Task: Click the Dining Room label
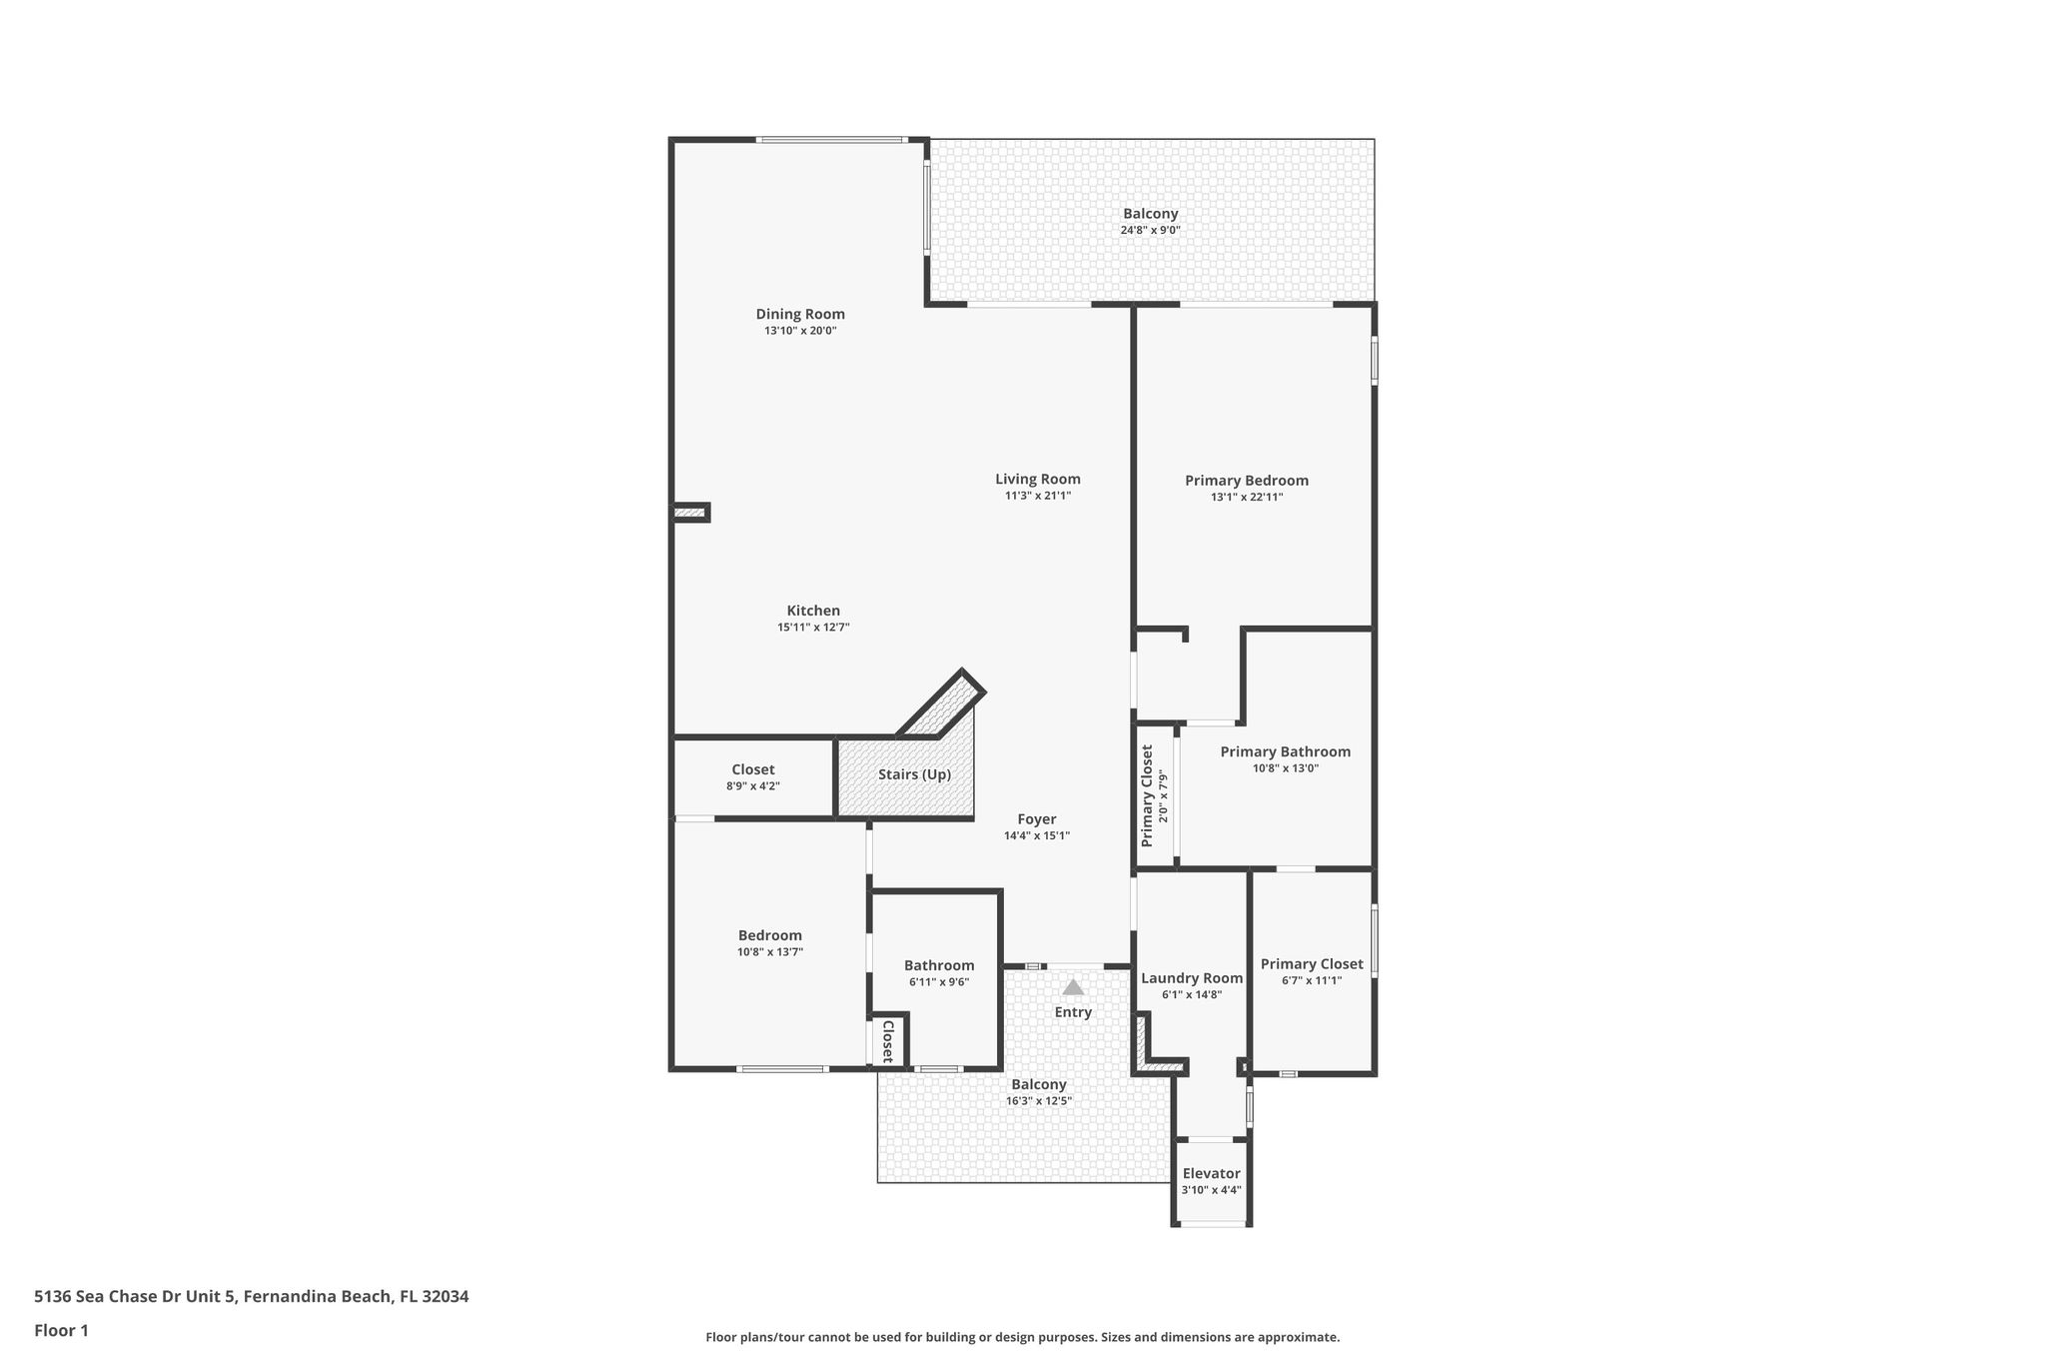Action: pos(800,314)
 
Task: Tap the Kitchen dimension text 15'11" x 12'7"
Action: pos(813,628)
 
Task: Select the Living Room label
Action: pos(1038,479)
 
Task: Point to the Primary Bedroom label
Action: pos(1247,481)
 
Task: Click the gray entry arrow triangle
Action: pos(1073,987)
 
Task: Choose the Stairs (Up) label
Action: pos(914,774)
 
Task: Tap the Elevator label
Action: pos(1212,1173)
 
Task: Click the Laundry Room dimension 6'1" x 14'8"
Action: pos(1192,994)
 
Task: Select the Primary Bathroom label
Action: pos(1286,751)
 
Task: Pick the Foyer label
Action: pos(1037,819)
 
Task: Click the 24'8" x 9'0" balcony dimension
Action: pos(1151,230)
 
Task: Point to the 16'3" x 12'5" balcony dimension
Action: pos(1039,1101)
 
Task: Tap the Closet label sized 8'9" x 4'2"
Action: pos(753,769)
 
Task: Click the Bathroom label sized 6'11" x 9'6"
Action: pos(939,965)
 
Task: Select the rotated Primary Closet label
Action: pos(1147,796)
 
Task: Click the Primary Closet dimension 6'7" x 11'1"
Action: pos(1312,980)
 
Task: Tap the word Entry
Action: pos(1073,1012)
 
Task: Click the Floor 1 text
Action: pos(61,1330)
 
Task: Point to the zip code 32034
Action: pos(446,1296)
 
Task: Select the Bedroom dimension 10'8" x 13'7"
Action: pos(770,952)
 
